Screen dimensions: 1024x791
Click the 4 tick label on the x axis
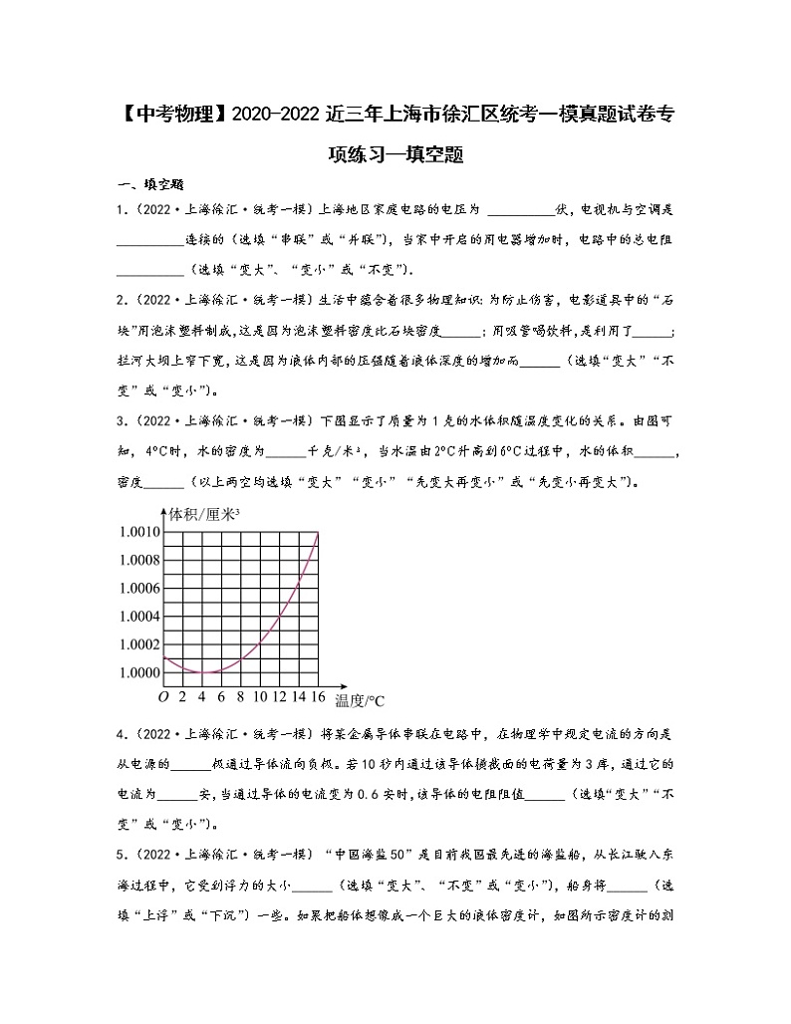point(201,696)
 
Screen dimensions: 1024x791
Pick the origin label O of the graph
point(162,696)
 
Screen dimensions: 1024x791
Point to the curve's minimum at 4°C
point(201,672)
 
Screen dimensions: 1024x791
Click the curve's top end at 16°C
point(318,533)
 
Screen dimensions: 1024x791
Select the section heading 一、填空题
point(150,184)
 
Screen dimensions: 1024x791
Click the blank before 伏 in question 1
point(521,210)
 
